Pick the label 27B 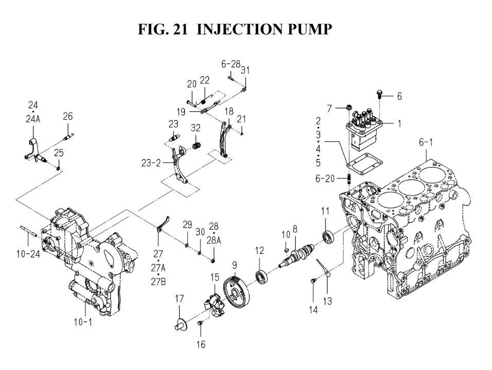(x=158, y=282)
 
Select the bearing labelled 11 (x=326, y=237)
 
